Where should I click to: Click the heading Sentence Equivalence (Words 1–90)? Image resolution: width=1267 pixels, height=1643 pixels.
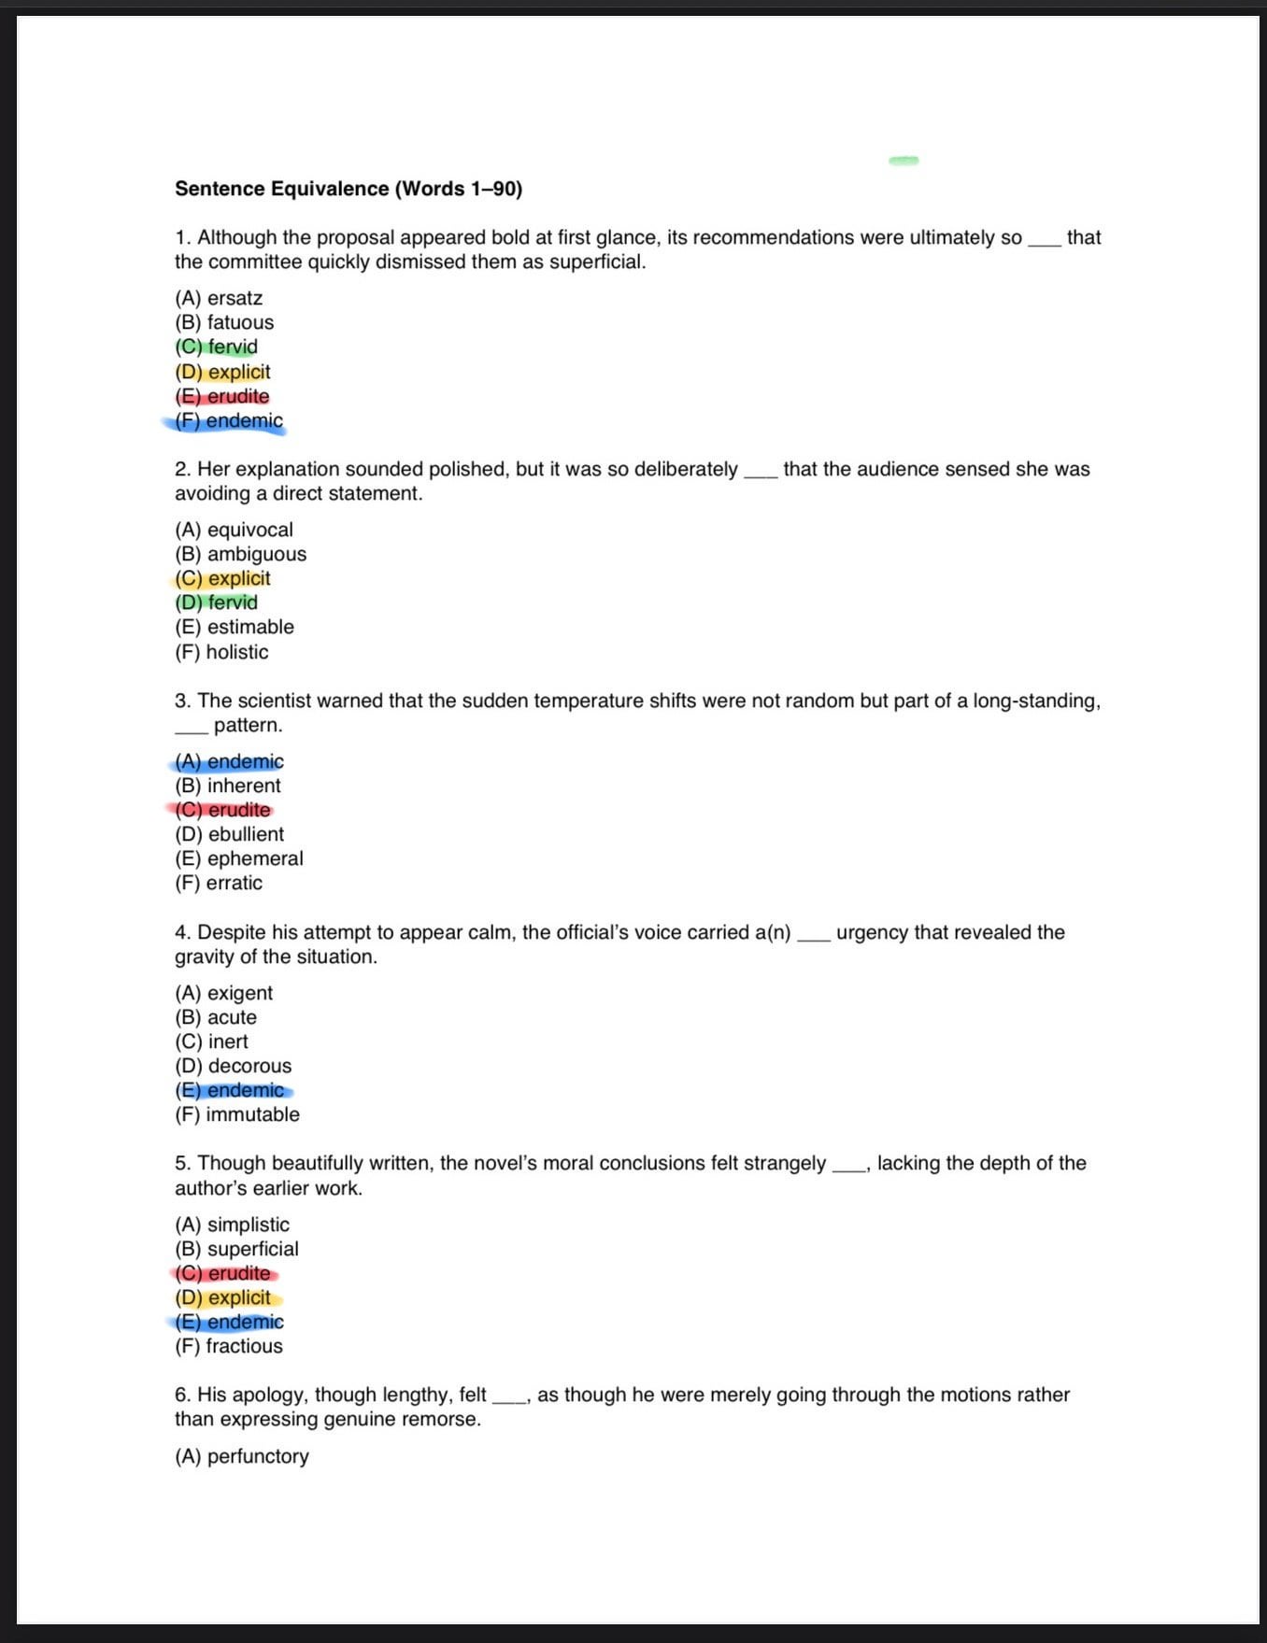348,189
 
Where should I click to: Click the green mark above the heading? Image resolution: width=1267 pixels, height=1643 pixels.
904,161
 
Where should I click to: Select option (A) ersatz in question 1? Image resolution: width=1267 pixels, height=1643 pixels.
219,298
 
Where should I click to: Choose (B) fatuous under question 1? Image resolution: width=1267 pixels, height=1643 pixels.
224,322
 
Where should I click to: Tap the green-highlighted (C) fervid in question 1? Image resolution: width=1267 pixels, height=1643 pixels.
217,347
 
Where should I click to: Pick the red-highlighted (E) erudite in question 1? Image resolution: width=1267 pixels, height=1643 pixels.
222,396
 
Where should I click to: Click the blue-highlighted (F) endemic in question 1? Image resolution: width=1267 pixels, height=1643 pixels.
229,421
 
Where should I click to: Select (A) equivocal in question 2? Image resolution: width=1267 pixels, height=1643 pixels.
234,530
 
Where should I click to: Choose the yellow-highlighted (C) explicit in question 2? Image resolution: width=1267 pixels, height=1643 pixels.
222,578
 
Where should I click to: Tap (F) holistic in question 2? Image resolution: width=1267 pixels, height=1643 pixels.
221,652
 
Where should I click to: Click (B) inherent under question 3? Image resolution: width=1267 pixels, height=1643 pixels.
227,786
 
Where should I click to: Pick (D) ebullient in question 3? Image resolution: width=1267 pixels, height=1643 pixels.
229,834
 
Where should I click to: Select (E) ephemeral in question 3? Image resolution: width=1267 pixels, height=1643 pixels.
238,858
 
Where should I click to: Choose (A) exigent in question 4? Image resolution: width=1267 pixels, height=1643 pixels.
223,993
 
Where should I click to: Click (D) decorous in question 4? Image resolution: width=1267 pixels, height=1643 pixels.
233,1066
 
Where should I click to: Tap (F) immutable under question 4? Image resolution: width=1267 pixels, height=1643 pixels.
236,1114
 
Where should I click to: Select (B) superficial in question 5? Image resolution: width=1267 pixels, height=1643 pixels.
236,1249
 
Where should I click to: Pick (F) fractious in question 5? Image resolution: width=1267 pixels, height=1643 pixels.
228,1346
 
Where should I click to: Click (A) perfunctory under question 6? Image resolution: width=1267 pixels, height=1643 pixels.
241,1456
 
